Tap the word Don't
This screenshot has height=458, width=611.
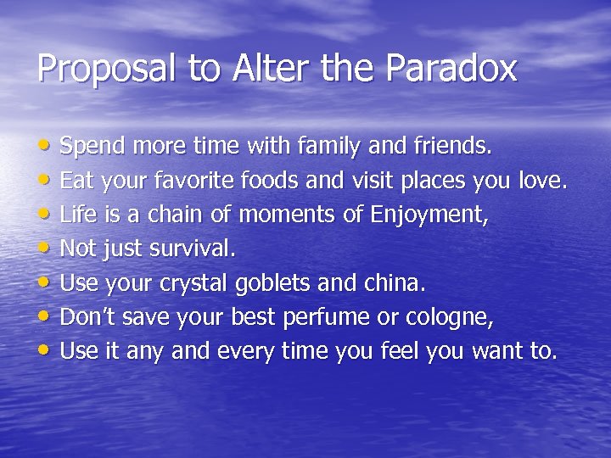(89, 317)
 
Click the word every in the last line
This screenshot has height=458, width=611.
(229, 352)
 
